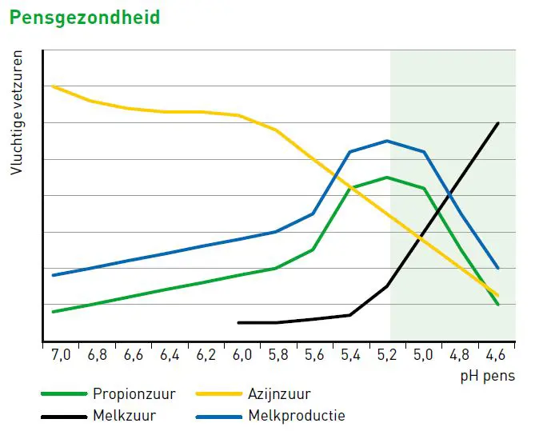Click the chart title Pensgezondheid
pos(85,17)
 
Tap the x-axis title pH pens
pos(488,374)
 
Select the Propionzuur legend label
pos(134,393)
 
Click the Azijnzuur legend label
pos(279,393)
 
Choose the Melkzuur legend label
pos(124,416)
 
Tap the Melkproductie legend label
pos(297,416)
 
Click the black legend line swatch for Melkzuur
pos(63,416)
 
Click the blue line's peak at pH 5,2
pos(387,141)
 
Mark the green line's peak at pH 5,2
pos(387,178)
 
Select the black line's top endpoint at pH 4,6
pos(498,123)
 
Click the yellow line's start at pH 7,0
pos(53,86)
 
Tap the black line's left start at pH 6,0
pos(239,322)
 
